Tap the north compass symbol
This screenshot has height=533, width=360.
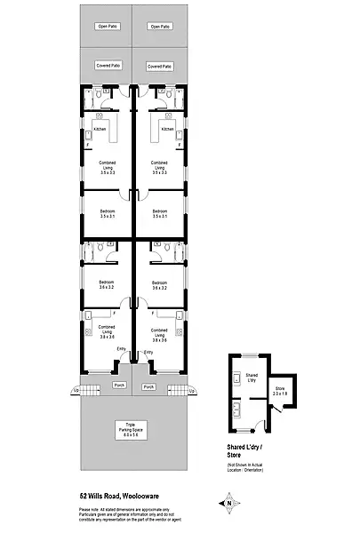(x=228, y=502)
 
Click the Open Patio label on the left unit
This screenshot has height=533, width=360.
(x=107, y=27)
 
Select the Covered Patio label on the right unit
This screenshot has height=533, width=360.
(x=160, y=66)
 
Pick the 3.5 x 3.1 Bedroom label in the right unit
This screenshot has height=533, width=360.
(x=160, y=213)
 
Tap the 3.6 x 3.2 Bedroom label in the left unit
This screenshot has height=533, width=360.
(x=107, y=285)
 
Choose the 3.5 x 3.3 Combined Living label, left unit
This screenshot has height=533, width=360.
(x=107, y=166)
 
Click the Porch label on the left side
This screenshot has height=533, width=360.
(x=120, y=386)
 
